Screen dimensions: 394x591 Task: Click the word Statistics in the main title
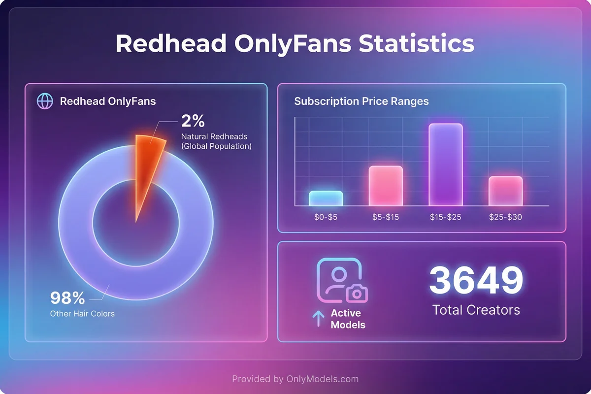click(416, 43)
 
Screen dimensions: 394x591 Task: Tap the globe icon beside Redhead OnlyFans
click(45, 101)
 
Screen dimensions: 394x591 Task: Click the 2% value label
click(193, 121)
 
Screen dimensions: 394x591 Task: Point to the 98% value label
click(67, 298)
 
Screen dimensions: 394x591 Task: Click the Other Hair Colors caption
click(82, 313)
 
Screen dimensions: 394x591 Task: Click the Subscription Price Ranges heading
click(361, 101)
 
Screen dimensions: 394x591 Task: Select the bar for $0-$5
click(326, 198)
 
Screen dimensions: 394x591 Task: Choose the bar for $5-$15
click(386, 186)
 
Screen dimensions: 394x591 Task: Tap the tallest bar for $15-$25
click(446, 164)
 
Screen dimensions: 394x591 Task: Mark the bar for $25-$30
click(506, 191)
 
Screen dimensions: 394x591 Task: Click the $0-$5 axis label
click(326, 217)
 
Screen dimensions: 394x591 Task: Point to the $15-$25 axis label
click(445, 217)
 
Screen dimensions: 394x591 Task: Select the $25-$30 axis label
click(505, 217)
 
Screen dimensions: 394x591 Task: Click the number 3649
click(476, 280)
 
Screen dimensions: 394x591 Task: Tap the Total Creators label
click(476, 310)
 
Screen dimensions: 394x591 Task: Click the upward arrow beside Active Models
click(318, 319)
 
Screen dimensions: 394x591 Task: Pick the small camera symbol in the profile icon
click(357, 294)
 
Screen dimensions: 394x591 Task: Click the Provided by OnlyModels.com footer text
click(295, 379)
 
